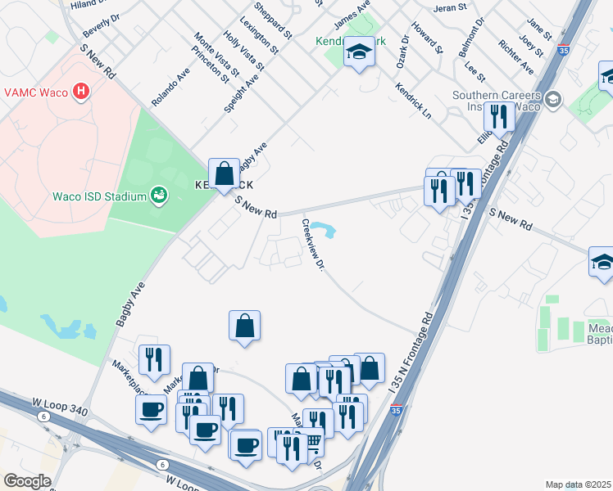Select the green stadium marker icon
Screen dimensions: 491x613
coord(160,196)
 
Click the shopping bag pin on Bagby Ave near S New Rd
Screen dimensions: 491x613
coord(224,173)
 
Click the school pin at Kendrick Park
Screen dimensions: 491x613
coord(358,53)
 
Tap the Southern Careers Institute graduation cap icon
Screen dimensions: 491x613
coord(553,100)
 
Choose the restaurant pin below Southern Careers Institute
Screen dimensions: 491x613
coord(499,118)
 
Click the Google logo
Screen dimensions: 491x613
coord(27,481)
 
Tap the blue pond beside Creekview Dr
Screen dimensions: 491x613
coord(329,230)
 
